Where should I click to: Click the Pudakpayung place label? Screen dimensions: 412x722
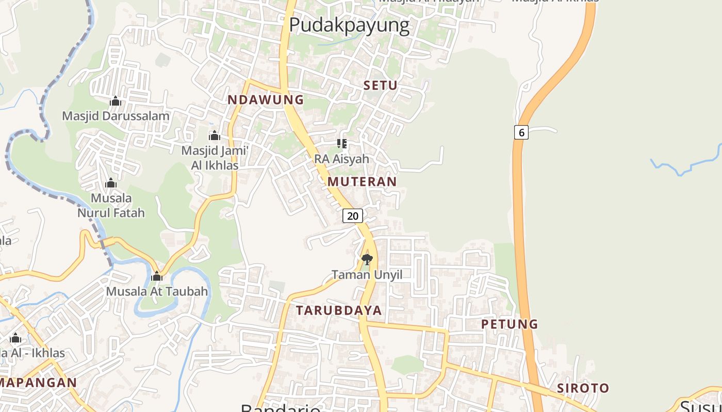tap(349, 25)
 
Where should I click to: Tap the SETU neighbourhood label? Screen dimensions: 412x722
tap(381, 85)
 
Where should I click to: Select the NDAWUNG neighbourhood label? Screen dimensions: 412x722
tap(266, 100)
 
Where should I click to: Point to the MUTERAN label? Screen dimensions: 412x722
tap(362, 181)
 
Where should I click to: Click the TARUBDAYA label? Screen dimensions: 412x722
tap(339, 310)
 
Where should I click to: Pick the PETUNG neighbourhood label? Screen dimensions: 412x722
tap(510, 324)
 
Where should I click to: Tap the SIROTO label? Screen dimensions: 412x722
tap(583, 388)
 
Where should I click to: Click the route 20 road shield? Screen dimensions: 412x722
tap(353, 216)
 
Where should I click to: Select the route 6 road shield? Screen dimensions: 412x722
tap(521, 132)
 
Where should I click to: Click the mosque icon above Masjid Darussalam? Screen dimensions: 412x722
tap(116, 101)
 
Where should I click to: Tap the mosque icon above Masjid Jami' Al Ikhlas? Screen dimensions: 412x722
tap(214, 136)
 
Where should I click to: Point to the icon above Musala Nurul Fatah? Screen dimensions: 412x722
tap(111, 183)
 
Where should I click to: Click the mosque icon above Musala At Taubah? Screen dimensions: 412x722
tap(157, 277)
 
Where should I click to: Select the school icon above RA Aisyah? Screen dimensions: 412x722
tap(341, 143)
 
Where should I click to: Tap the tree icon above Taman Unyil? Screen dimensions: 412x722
tap(367, 259)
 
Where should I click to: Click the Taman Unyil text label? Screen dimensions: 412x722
tap(367, 274)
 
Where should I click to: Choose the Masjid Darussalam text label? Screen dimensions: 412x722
tap(116, 116)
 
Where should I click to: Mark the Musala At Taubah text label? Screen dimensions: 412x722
tap(157, 291)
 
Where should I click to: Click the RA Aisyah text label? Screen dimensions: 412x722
tap(341, 159)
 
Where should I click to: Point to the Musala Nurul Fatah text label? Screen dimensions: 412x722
tap(111, 205)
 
